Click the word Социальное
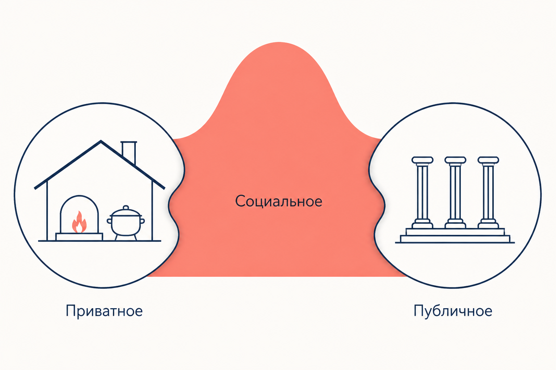pos(278,201)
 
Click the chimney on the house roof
pos(129,152)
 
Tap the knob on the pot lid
pos(126,208)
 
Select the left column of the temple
pos(422,192)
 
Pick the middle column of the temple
pos(455,192)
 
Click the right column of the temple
pos(488,192)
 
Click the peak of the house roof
pos(101,141)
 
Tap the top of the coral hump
pos(279,43)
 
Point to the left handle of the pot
pos(109,221)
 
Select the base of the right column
pos(488,224)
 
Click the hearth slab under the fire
pos(79,237)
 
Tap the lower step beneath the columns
pos(455,238)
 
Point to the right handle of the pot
pos(143,221)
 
